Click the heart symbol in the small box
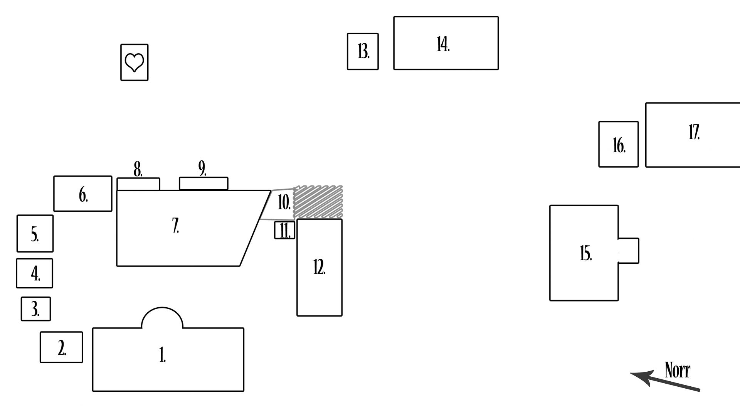click(134, 62)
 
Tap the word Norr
click(677, 370)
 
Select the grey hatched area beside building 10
click(318, 202)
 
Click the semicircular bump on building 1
click(162, 318)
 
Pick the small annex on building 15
click(629, 251)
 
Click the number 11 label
click(284, 231)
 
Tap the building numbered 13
click(363, 51)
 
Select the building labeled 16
click(618, 145)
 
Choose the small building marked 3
click(35, 309)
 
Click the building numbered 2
click(61, 347)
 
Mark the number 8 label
click(138, 169)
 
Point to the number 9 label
click(202, 168)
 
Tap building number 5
click(35, 234)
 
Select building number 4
click(34, 273)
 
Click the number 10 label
click(284, 202)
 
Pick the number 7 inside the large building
click(176, 226)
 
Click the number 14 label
click(443, 44)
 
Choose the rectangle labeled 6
click(83, 194)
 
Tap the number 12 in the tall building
click(319, 267)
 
